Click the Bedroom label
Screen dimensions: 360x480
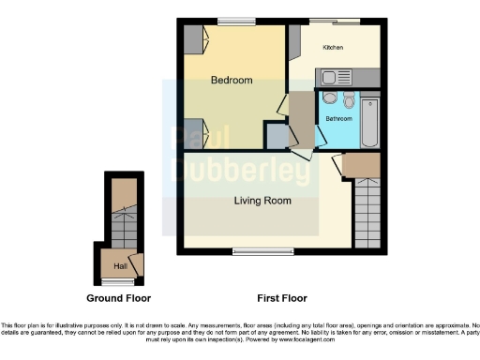(232, 81)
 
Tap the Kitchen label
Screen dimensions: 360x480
(334, 46)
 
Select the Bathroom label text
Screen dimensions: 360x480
(337, 119)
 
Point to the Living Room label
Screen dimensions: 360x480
(262, 201)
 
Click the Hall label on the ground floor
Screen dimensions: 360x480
(120, 267)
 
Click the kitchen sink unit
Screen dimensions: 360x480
(336, 77)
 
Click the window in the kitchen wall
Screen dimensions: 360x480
(335, 21)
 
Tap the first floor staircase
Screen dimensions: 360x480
(367, 214)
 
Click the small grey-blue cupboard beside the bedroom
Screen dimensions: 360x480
(277, 138)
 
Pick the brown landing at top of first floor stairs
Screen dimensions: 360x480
(361, 166)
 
